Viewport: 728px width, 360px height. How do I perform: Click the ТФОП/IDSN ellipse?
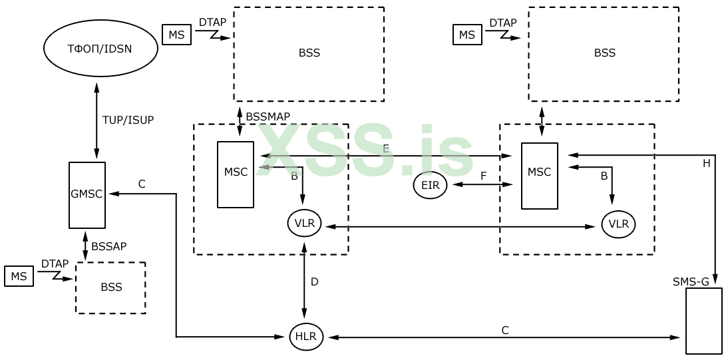click(x=100, y=48)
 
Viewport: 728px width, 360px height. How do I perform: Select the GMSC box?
click(x=87, y=194)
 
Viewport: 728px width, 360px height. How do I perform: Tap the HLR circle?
click(x=306, y=337)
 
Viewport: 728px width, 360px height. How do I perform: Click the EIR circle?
click(x=430, y=185)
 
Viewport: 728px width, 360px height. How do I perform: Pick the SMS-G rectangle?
click(x=703, y=320)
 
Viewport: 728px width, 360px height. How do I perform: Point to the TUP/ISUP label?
click(x=128, y=120)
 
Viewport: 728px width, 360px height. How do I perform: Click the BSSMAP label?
click(x=268, y=116)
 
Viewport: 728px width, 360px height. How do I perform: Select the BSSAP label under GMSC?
click(x=108, y=246)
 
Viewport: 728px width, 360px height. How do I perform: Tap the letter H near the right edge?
click(x=706, y=162)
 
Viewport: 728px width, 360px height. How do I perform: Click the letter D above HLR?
click(x=314, y=281)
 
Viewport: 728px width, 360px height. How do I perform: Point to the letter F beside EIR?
click(x=484, y=176)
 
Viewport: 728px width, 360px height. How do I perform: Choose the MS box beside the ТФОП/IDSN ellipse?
click(x=176, y=35)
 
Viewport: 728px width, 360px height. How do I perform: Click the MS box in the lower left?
click(x=19, y=276)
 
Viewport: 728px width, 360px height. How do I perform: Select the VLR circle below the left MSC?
click(x=304, y=224)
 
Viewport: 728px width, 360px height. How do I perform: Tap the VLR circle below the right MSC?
click(x=618, y=224)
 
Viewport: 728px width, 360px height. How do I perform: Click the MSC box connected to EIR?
click(x=539, y=175)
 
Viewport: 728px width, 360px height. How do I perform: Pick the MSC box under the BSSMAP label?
click(x=236, y=174)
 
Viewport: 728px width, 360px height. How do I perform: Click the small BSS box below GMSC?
click(x=111, y=287)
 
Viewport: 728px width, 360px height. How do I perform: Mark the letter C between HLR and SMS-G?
click(x=505, y=330)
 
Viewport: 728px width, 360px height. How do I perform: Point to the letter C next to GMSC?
click(x=141, y=184)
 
